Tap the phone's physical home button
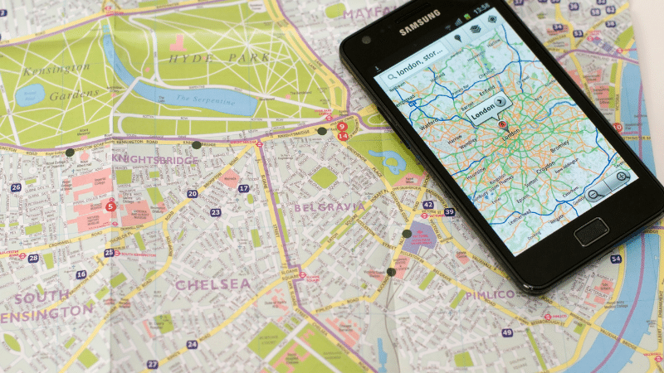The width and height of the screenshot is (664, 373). pyautogui.click(x=590, y=230)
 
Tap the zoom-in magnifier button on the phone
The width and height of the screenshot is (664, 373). pyautogui.click(x=620, y=177)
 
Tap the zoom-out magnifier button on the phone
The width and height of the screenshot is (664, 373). pyautogui.click(x=595, y=195)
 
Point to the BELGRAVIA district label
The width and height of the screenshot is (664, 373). pyautogui.click(x=329, y=206)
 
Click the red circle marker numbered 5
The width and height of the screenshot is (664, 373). pyautogui.click(x=110, y=206)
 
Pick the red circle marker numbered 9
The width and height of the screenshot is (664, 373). pyautogui.click(x=341, y=127)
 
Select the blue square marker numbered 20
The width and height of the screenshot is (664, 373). pyautogui.click(x=192, y=194)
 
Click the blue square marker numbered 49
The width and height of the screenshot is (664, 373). pyautogui.click(x=506, y=332)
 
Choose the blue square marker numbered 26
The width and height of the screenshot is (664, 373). pyautogui.click(x=16, y=187)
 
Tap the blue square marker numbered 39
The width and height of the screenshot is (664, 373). pyautogui.click(x=449, y=212)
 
